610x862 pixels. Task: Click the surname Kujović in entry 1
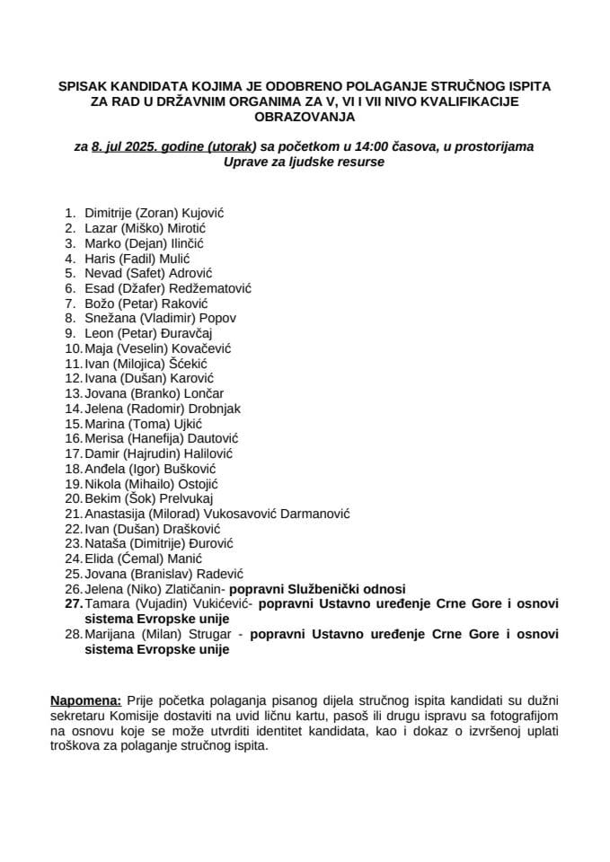pyautogui.click(x=203, y=214)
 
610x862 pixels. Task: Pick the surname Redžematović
pyautogui.click(x=217, y=288)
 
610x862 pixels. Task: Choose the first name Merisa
pyautogui.click(x=104, y=438)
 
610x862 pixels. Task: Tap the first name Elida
pyautogui.click(x=100, y=559)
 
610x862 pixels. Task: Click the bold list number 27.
pyautogui.click(x=72, y=604)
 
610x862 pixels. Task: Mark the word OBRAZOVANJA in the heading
pyautogui.click(x=305, y=117)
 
